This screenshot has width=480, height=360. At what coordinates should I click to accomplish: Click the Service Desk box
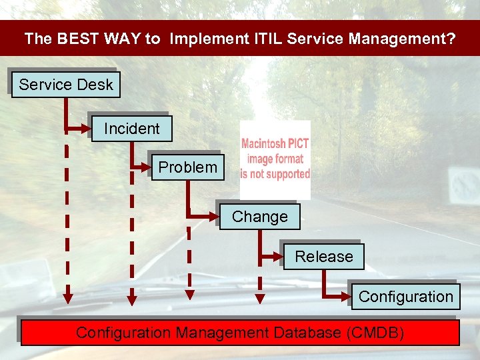[65, 85]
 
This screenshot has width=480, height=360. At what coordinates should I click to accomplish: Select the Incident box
[131, 129]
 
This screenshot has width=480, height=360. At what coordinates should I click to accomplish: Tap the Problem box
[187, 167]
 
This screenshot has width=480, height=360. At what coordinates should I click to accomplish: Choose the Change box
[259, 217]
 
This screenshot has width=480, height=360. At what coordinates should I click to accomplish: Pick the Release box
[323, 257]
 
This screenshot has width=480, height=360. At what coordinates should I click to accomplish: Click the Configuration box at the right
[405, 297]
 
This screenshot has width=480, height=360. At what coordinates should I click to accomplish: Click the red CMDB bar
[240, 333]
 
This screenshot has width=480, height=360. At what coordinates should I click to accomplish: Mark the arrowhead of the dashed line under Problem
[189, 294]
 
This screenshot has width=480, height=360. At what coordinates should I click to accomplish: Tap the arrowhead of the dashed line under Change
[260, 299]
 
